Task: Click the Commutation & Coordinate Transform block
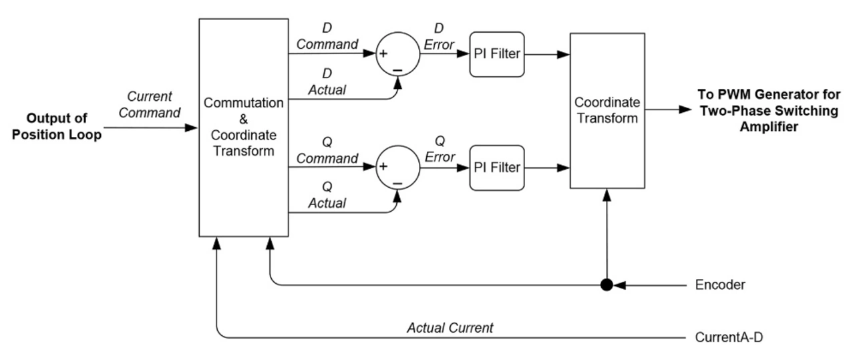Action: click(243, 127)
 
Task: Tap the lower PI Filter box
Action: click(497, 168)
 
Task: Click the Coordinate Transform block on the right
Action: click(607, 110)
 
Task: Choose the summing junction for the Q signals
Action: click(398, 168)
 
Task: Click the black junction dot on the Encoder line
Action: click(607, 285)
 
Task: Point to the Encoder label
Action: click(720, 285)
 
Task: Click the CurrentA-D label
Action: click(727, 337)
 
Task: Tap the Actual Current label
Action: click(450, 328)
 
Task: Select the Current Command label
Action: click(150, 105)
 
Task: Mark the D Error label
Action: click(440, 38)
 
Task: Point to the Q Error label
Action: click(440, 150)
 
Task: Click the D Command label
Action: click(327, 37)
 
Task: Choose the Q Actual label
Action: click(327, 195)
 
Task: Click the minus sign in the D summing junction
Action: click(398, 69)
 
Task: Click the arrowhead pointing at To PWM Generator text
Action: click(685, 110)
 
